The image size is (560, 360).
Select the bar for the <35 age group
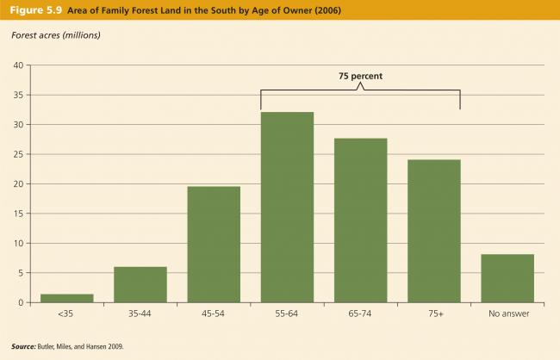pyautogui.click(x=66, y=298)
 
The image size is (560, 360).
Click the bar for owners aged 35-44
pyautogui.click(x=140, y=284)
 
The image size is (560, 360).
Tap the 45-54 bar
pyautogui.click(x=214, y=245)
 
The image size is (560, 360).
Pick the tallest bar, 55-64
pyautogui.click(x=287, y=208)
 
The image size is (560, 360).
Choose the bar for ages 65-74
pyautogui.click(x=360, y=220)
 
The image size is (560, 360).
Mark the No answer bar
pyautogui.click(x=507, y=278)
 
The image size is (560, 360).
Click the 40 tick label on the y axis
pyautogui.click(x=17, y=65)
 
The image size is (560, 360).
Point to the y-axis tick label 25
pyautogui.click(x=17, y=154)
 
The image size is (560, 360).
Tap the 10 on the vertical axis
pyautogui.click(x=17, y=243)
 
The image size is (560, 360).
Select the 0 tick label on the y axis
pyautogui.click(x=20, y=302)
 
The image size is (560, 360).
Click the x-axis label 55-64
pyautogui.click(x=287, y=315)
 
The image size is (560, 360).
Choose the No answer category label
pyautogui.click(x=507, y=315)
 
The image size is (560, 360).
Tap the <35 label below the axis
pyautogui.click(x=66, y=315)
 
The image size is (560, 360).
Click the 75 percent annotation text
pyautogui.click(x=360, y=76)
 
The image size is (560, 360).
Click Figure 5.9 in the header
pyautogui.click(x=30, y=9)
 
